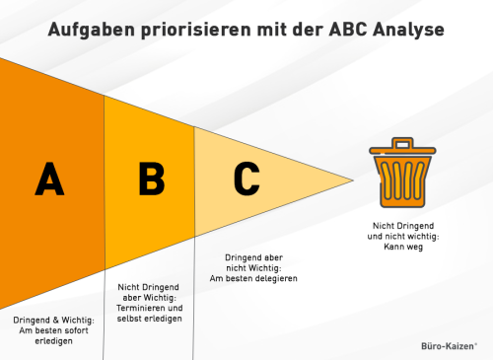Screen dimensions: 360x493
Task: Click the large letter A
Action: [48, 179]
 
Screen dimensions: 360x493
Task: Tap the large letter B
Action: [151, 179]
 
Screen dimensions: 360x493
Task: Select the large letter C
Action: [246, 179]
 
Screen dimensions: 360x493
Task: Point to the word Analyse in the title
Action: [407, 30]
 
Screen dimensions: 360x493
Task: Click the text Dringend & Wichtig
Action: [53, 321]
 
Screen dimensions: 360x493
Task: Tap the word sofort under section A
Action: [79, 331]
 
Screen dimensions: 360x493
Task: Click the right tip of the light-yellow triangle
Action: [351, 180]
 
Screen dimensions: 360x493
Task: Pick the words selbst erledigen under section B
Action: [150, 320]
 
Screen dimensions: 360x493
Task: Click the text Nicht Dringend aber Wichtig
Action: [150, 291]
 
